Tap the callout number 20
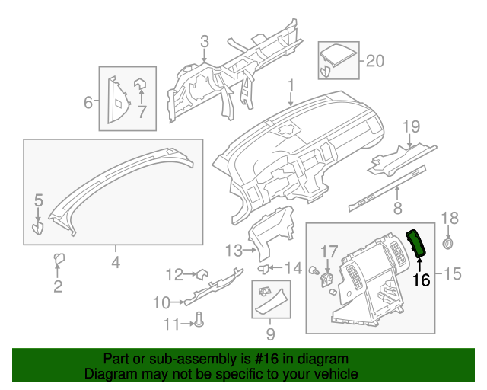375,61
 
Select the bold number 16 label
421,280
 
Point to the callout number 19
411,126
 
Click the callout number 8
396,208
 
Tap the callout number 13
232,250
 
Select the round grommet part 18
449,243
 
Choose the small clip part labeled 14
264,268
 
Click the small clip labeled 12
203,273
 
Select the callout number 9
270,333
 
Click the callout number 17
328,251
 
